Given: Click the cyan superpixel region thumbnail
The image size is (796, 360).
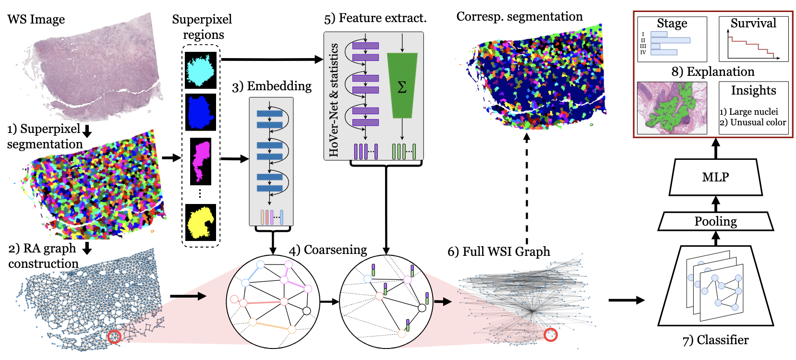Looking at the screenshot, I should (201, 70).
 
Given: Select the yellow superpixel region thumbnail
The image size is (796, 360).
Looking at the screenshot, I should (201, 222).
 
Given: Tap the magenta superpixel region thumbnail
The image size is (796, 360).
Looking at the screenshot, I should (201, 161).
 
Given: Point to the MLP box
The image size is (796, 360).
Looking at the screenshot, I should (715, 177).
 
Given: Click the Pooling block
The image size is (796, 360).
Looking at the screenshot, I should (715, 221).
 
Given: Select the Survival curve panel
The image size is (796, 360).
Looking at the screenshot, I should (753, 39).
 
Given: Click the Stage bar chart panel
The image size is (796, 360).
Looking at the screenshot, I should (672, 39).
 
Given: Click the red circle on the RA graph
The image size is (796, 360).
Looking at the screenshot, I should (114, 336).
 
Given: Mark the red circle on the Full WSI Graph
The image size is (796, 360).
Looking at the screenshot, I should (551, 335).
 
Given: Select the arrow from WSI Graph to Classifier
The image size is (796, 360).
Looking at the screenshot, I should (626, 300).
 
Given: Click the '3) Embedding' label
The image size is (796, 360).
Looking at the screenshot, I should (272, 86).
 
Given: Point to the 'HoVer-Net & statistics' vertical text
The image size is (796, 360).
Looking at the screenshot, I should (334, 100).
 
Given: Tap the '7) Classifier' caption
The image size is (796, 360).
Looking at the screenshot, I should (715, 340).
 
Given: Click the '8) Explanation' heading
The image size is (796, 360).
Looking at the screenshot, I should (713, 72).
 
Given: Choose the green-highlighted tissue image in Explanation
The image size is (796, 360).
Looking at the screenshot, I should (672, 108).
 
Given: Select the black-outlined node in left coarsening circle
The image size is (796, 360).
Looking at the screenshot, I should (307, 311).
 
